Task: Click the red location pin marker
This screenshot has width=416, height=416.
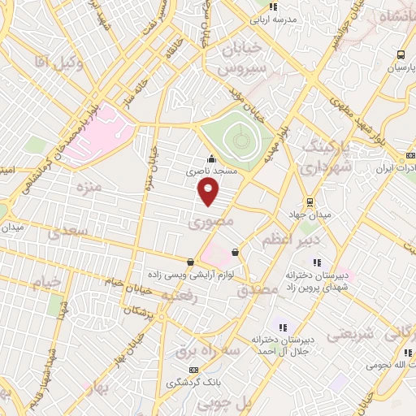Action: pyautogui.click(x=209, y=192)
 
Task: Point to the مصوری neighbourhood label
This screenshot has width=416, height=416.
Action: pyautogui.click(x=210, y=221)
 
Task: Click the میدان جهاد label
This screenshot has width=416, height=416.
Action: pyautogui.click(x=308, y=214)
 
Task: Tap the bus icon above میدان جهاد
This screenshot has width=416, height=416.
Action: pyautogui.click(x=308, y=201)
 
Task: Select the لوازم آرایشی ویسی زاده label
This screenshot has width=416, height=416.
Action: pyautogui.click(x=190, y=275)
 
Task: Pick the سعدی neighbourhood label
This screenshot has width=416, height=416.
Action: pyautogui.click(x=64, y=233)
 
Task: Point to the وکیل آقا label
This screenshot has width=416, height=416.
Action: pyautogui.click(x=57, y=60)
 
